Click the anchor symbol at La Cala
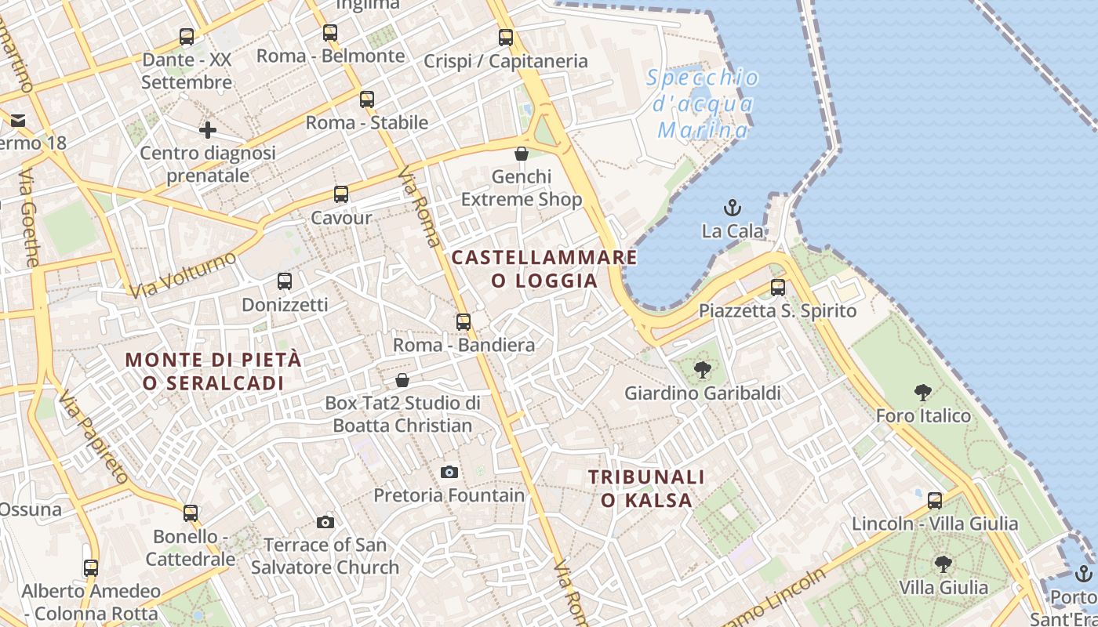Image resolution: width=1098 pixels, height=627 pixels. coord(732,208)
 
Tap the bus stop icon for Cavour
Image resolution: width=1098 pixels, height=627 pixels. coord(340,194)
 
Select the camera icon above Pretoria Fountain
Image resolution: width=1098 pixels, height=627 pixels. coord(449,472)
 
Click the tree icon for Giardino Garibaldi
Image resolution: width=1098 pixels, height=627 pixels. coord(702,369)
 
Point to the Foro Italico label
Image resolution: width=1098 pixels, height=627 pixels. coord(923,415)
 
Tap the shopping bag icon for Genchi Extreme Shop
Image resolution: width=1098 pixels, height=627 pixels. coord(522,154)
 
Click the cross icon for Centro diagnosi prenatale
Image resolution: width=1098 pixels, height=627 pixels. coord(208,129)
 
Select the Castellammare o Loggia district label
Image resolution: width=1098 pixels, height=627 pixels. coord(544,269)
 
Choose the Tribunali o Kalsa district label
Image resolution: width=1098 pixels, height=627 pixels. coord(646,488)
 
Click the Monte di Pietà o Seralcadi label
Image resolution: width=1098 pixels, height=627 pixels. coord(213,371)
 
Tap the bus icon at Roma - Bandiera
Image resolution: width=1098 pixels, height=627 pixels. coord(464,322)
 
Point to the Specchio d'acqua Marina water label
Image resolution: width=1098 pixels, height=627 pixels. coord(703,103)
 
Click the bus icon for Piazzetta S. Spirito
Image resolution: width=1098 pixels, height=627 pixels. coord(777,288)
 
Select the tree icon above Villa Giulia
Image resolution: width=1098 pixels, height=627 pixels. coord(943,564)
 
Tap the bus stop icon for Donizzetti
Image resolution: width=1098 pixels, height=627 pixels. coord(285,281)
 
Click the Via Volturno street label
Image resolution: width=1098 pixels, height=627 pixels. coord(183,274)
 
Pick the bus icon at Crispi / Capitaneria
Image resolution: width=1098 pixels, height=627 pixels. coord(506,37)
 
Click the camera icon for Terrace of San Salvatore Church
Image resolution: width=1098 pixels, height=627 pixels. coord(325,522)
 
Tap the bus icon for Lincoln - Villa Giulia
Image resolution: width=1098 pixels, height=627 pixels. coord(934,500)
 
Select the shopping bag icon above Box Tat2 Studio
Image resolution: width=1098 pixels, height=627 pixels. coord(402,380)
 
